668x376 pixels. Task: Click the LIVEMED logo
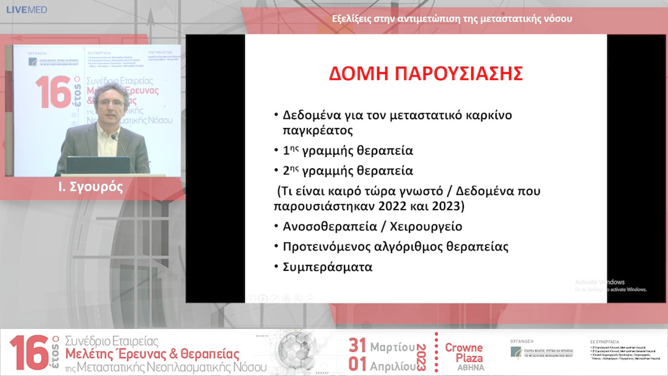(26, 10)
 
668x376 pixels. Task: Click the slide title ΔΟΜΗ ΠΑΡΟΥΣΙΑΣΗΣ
(426, 73)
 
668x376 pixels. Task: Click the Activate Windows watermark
(600, 282)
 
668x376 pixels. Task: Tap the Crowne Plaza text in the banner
(464, 352)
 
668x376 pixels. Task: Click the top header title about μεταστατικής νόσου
(452, 19)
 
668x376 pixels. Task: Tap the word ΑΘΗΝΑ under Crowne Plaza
(464, 367)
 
